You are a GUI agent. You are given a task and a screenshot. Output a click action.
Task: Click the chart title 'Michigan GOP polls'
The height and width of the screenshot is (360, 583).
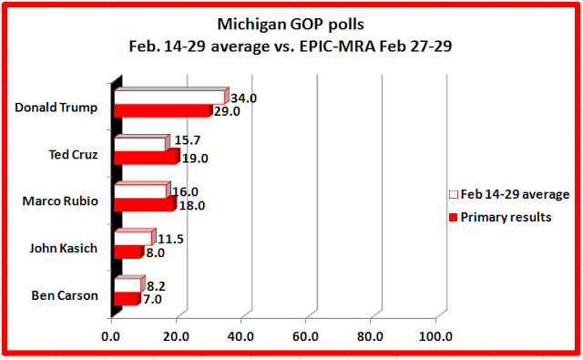click(291, 25)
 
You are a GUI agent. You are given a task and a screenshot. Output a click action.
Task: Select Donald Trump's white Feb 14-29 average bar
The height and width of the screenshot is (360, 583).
click(171, 97)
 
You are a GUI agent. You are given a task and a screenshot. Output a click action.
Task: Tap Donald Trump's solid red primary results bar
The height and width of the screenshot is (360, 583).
click(163, 111)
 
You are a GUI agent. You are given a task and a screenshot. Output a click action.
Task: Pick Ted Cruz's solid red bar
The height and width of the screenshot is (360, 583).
click(147, 157)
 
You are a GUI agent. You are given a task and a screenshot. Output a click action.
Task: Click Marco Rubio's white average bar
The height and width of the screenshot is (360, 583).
click(142, 190)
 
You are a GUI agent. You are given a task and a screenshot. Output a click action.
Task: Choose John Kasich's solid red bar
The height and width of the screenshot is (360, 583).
click(128, 252)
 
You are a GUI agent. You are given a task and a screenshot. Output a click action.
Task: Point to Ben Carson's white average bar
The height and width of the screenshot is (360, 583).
click(129, 284)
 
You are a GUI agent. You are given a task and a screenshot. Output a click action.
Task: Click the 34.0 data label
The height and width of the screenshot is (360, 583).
click(243, 98)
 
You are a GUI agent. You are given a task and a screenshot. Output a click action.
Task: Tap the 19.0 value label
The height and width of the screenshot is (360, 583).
click(195, 159)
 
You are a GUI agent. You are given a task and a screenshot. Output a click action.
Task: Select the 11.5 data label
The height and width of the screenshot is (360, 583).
click(170, 239)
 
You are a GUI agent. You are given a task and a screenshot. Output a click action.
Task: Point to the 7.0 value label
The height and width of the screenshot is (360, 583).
click(152, 299)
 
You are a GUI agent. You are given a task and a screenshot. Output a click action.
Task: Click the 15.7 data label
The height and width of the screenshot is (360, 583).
click(188, 140)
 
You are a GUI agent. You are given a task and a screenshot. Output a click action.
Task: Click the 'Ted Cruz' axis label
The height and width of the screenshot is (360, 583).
click(73, 154)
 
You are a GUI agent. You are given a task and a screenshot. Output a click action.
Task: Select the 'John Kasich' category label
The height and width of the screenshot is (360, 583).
click(64, 248)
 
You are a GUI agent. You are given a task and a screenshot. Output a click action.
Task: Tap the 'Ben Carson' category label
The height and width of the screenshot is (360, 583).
click(65, 295)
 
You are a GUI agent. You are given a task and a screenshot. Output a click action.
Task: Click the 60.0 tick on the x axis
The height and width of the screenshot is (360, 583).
click(305, 336)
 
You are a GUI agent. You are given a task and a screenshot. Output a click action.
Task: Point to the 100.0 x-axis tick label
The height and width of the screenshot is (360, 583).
click(435, 336)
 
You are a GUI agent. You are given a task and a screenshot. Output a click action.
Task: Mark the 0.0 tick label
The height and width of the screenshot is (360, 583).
click(111, 336)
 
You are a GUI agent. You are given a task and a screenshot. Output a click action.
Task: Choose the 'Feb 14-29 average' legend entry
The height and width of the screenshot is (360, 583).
click(509, 194)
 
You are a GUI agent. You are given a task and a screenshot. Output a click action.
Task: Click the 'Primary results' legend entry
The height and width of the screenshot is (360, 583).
click(500, 217)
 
